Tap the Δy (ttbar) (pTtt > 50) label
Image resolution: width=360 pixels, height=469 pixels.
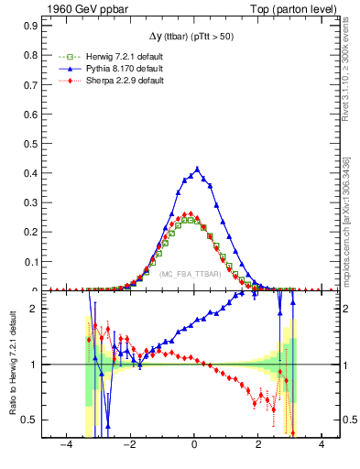coord(193,36)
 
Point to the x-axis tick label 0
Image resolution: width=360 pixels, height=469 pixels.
coord(194,444)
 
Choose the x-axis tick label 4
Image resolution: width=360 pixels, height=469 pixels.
coord(322,444)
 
